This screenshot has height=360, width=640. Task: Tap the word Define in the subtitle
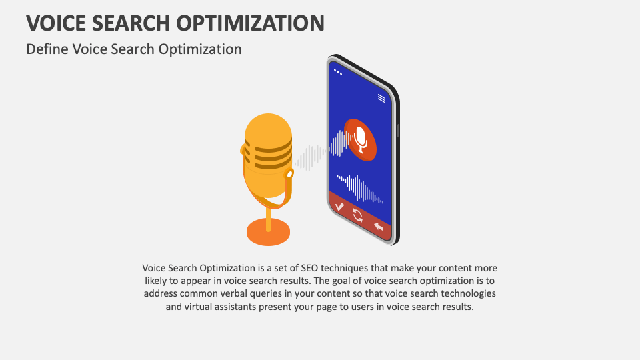click(47, 49)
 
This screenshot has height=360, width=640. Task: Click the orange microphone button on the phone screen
click(361, 139)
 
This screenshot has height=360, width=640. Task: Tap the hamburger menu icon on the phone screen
click(381, 98)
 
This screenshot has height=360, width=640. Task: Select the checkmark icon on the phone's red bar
click(339, 207)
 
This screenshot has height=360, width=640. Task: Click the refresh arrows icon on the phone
click(358, 215)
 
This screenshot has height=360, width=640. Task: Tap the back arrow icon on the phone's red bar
click(379, 227)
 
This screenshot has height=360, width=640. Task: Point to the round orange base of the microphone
click(268, 231)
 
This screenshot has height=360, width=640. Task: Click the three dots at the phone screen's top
click(338, 71)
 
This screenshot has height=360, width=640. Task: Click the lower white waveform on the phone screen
click(360, 188)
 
